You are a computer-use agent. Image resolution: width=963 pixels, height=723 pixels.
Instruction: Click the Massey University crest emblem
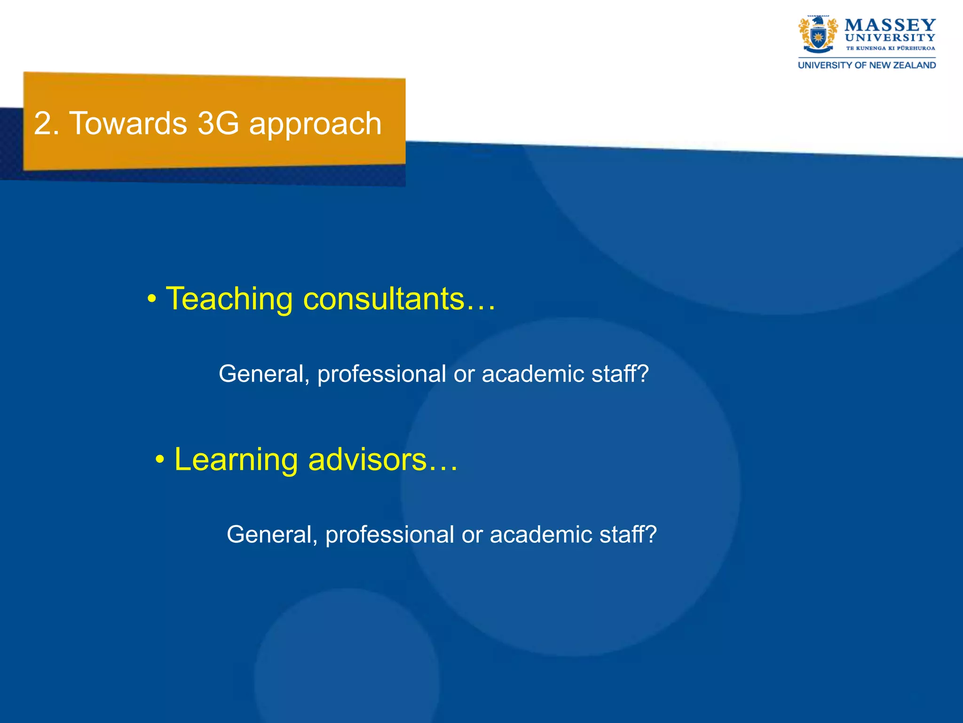click(818, 35)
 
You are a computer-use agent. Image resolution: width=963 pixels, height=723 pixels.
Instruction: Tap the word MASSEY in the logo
click(890, 24)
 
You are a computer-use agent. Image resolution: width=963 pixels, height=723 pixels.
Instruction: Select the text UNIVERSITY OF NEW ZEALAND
click(867, 65)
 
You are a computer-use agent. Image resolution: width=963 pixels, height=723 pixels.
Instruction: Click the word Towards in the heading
click(128, 124)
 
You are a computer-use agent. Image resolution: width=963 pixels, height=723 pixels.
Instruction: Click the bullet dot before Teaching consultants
click(151, 299)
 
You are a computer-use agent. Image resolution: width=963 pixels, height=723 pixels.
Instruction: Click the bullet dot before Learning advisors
click(160, 460)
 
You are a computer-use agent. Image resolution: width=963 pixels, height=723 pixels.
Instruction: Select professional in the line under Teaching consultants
click(381, 374)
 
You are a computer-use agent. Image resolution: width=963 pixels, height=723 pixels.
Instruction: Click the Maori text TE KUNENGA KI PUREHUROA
click(890, 48)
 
